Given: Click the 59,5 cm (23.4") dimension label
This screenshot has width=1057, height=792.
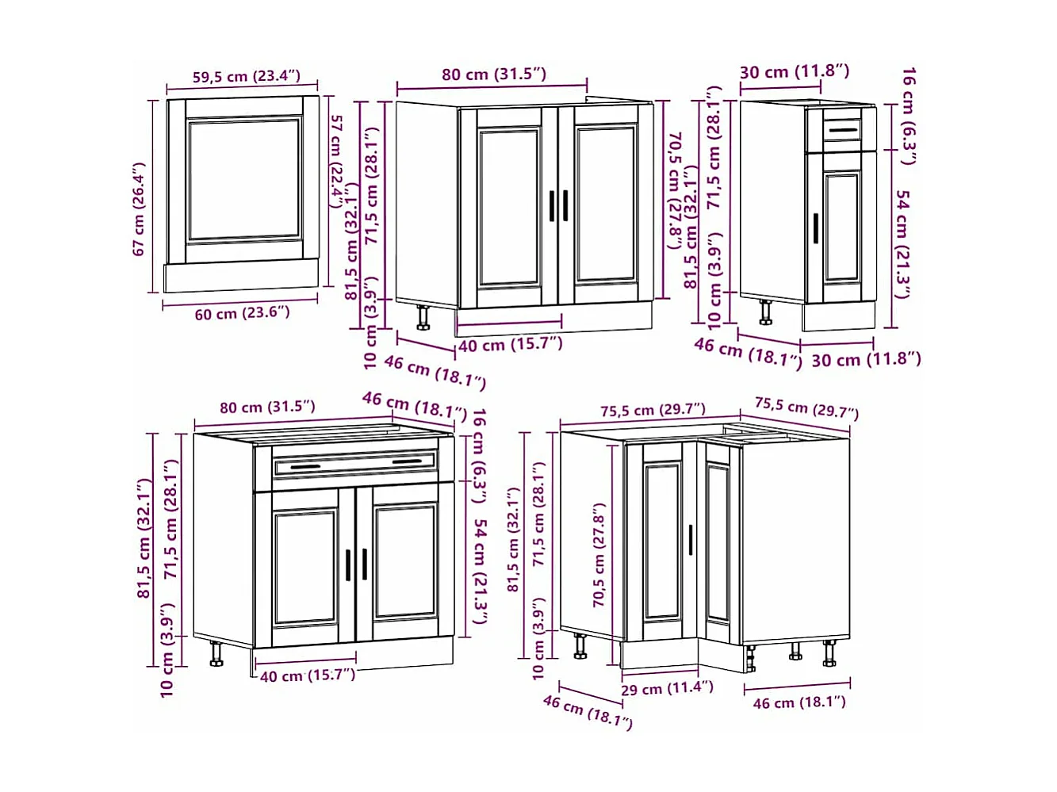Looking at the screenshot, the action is tap(246, 77).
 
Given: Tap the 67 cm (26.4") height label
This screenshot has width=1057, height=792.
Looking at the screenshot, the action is tap(140, 209).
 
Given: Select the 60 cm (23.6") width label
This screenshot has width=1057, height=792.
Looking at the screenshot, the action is tap(242, 313).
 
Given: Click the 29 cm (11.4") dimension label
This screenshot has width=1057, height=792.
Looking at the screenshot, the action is tap(667, 688).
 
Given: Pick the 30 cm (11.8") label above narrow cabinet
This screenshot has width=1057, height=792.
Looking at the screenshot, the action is tap(794, 71).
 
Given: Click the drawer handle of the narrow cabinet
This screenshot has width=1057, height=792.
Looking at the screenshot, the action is tap(842, 130).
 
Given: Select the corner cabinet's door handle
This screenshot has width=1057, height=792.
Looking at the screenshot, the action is tap(691, 540).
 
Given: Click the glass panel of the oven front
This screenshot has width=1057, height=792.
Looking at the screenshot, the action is tap(244, 179).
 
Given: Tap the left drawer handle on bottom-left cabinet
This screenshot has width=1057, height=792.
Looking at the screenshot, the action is tap(304, 467).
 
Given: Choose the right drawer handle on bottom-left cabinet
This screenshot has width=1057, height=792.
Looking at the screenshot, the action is tap(408, 461).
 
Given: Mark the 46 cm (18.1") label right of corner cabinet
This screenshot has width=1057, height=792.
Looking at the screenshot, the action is tap(798, 702).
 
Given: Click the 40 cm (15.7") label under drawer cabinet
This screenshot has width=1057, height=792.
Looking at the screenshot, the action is tap(307, 675).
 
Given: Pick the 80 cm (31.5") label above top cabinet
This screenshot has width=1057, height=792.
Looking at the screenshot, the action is tap(494, 75).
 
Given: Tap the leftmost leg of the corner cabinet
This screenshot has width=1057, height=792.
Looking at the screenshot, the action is tap(580, 646).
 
